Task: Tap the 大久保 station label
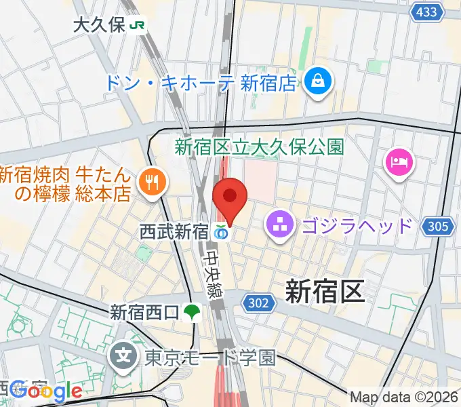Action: click(x=99, y=26)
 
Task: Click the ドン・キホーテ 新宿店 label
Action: click(x=200, y=83)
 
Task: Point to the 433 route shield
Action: click(x=426, y=12)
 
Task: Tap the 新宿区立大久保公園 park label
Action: click(x=260, y=145)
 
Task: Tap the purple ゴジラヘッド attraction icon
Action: click(x=279, y=224)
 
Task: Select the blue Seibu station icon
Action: click(x=220, y=233)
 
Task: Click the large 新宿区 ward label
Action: click(x=325, y=292)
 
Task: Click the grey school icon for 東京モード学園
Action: click(x=124, y=353)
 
